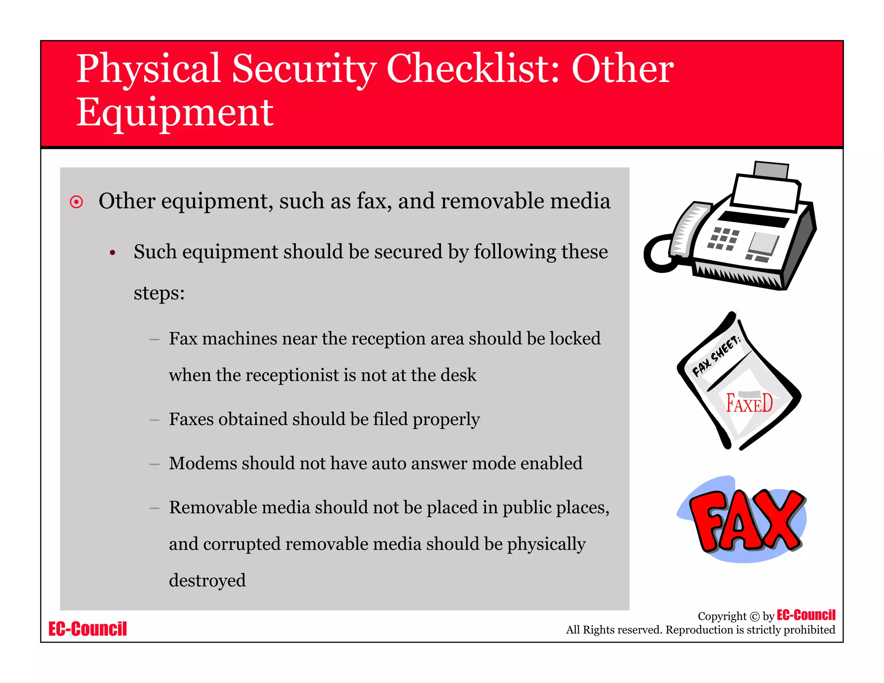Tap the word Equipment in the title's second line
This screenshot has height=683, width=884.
(175, 113)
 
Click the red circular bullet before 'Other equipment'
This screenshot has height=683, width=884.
(76, 202)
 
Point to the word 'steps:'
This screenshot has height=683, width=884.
(159, 293)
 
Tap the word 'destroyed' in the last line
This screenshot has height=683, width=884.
(207, 580)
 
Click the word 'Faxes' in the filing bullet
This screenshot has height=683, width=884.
(191, 419)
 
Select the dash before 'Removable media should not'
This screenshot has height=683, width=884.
(154, 508)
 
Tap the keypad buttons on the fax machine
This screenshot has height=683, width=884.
(723, 239)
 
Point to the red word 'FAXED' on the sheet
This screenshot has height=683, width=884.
(749, 404)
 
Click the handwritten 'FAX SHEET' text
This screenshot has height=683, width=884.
(717, 356)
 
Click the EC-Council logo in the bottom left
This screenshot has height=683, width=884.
(88, 629)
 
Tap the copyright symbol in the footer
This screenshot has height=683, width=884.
(754, 617)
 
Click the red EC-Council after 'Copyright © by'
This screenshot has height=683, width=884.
(806, 615)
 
